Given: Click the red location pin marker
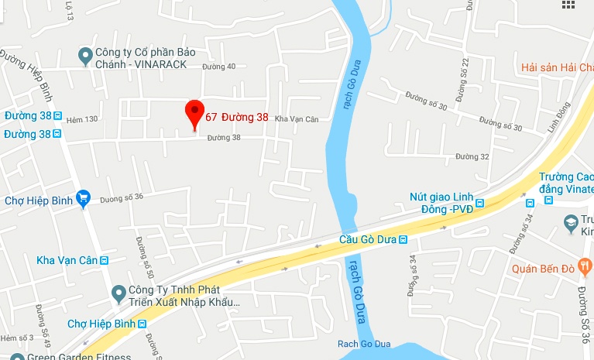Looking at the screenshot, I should click(194, 114).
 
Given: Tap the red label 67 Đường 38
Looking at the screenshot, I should click(237, 118).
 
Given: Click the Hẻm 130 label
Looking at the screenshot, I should click(82, 118).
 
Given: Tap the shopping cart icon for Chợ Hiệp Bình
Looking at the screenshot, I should click(84, 200).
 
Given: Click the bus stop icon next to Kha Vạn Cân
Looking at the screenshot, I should click(104, 260).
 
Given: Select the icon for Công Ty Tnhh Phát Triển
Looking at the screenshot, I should click(118, 293).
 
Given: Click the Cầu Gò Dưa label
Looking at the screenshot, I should click(368, 241).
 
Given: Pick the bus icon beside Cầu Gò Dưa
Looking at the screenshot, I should click(403, 241).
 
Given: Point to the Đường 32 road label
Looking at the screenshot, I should click(472, 156).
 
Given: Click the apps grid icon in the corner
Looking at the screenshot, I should click(568, 5).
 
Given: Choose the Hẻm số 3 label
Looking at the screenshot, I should click(16, 338).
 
